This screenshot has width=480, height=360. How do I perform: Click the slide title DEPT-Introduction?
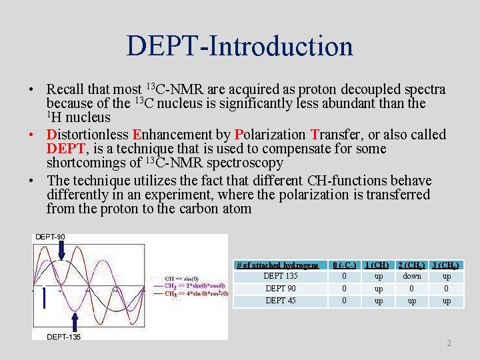coord(239,46)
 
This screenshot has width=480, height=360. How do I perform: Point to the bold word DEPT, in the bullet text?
coord(65,149)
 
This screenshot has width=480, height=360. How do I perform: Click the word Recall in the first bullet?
coord(66,89)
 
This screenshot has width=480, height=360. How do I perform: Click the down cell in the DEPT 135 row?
coord(412,276)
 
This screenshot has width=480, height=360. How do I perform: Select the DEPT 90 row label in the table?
coord(281,289)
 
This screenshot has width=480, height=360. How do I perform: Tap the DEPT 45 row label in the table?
coord(281,301)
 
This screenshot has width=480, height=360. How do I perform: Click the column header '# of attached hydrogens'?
coord(277,265)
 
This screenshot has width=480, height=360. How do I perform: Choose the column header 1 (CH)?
coord(378,265)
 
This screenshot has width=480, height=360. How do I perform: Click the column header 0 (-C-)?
coord(343,265)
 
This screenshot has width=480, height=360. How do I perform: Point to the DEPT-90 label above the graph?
coord(50,237)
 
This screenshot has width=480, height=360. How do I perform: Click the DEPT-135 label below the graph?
coord(64,337)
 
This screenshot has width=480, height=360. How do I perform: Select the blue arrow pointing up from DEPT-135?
coord(75,323)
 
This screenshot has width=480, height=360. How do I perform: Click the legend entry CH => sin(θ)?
coord(182,279)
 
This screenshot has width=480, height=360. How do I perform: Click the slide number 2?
coord(449,343)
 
